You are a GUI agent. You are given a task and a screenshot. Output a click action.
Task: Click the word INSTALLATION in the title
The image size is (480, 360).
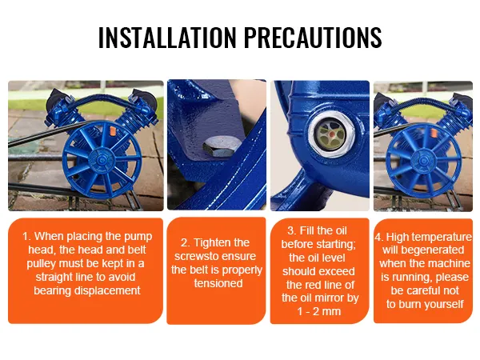(x=167, y=37)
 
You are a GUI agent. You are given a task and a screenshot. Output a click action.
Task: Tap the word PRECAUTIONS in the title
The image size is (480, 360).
(x=313, y=37)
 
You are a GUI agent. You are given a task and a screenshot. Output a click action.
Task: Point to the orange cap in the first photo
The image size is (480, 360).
(x=112, y=131)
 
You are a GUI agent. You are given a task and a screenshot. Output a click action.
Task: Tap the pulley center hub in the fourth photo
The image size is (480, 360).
(x=424, y=162)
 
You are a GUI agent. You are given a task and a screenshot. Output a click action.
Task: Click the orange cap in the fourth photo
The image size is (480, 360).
(x=434, y=133)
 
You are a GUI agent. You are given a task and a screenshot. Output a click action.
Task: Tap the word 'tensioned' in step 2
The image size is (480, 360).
(x=218, y=283)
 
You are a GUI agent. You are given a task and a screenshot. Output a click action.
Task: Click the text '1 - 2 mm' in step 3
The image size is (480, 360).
(x=319, y=311)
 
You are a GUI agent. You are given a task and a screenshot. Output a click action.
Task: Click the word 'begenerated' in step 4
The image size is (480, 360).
(x=432, y=250)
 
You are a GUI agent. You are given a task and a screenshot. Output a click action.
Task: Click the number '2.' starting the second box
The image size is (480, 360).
(x=186, y=242)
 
